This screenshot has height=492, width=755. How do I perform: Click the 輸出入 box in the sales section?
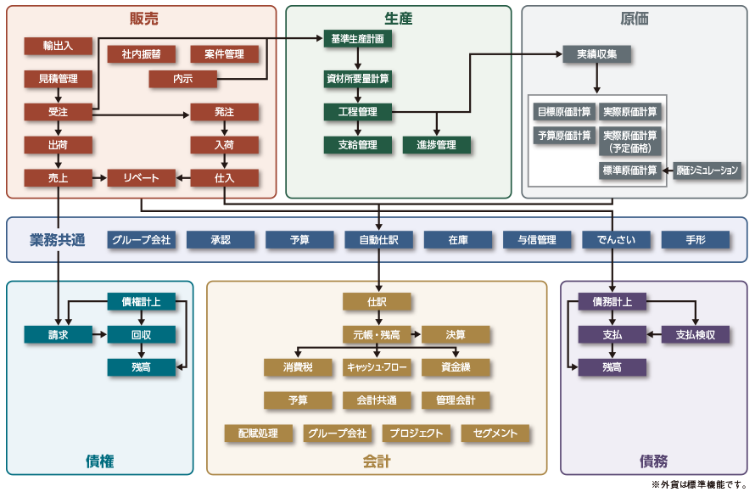tap(59, 46)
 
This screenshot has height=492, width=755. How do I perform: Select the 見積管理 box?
tap(59, 79)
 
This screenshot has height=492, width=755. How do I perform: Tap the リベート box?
tap(142, 178)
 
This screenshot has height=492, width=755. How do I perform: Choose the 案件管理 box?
tap(224, 54)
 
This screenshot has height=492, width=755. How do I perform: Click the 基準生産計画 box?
tap(357, 39)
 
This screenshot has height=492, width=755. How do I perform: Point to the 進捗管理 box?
tap(436, 145)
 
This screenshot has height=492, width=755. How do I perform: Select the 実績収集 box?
tap(597, 54)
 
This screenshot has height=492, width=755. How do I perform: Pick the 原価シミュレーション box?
tap(707, 171)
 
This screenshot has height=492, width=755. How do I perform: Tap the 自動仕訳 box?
tap(378, 240)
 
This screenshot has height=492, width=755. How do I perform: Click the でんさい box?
tap(616, 240)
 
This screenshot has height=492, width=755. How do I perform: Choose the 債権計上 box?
tap(141, 301)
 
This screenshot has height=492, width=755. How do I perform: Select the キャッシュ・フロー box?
tap(377, 367)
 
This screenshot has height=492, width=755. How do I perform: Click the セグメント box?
tap(495, 433)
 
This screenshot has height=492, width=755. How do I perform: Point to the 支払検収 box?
tap(696, 334)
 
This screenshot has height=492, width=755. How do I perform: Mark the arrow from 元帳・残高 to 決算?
tap(416, 334)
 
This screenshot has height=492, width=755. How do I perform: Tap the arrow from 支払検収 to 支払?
tap(653, 334)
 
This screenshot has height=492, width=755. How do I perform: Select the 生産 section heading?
tap(398, 19)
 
